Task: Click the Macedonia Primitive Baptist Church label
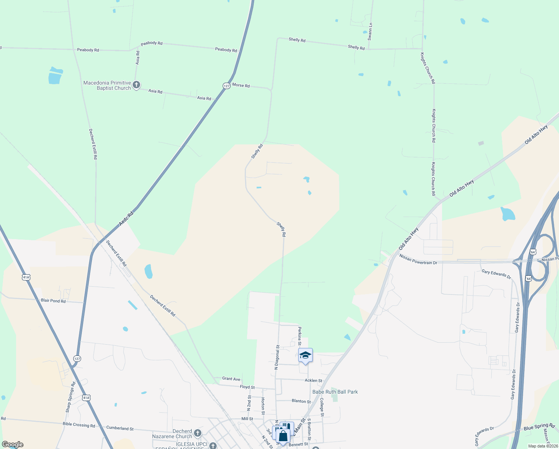[107, 85]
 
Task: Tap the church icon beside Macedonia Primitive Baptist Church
[136, 85]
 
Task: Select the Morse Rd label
[241, 85]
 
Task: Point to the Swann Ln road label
[370, 31]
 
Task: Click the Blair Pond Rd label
[53, 301]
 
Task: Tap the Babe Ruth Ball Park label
[335, 392]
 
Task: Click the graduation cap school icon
[305, 355]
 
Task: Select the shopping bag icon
[283, 436]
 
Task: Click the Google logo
[12, 445]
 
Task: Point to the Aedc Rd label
[126, 219]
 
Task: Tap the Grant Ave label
[231, 379]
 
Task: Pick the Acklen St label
[313, 381]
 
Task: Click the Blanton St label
[301, 401]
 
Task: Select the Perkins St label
[300, 336]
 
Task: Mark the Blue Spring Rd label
[539, 427]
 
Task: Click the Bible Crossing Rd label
[79, 425]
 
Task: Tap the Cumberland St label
[120, 428]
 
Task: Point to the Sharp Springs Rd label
[71, 397]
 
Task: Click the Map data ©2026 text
[543, 446]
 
